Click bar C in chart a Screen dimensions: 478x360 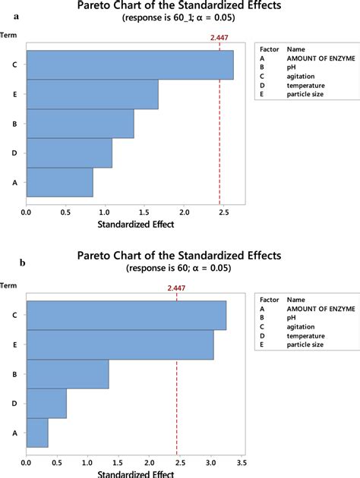(x=129, y=64)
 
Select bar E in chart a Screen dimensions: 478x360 (x=92, y=94)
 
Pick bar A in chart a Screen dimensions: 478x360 (x=59, y=182)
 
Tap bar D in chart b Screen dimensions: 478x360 (x=46, y=404)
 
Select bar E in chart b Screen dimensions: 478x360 (x=120, y=344)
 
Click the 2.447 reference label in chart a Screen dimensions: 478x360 (x=219, y=35)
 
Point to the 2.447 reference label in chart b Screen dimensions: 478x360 (x=177, y=288)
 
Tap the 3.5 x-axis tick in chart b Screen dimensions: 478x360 (x=241, y=461)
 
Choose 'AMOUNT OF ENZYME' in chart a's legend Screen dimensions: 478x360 (x=317, y=56)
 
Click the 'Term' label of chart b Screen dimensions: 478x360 (x=10, y=285)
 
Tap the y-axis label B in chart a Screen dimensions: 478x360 (x=15, y=124)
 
